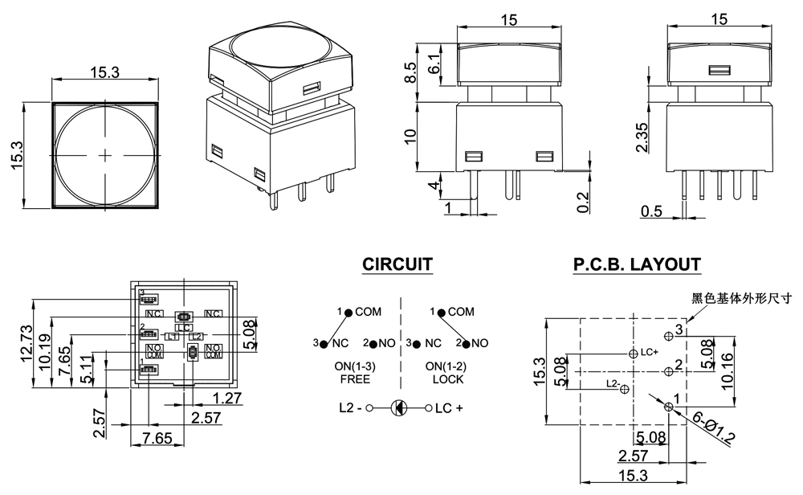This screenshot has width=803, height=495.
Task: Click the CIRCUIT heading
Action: pyautogui.click(x=397, y=264)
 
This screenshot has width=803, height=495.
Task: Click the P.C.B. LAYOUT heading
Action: pyautogui.click(x=637, y=264)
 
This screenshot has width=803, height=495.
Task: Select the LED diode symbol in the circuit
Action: pyautogui.click(x=398, y=408)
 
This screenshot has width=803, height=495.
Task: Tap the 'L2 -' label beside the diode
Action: pyautogui.click(x=349, y=408)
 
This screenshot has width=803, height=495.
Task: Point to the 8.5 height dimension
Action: pyautogui.click(x=409, y=73)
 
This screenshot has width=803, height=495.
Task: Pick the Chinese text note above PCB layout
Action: pyautogui.click(x=742, y=298)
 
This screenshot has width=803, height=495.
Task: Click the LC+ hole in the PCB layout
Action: pyautogui.click(x=627, y=354)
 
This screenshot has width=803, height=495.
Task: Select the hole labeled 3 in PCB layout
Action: pyautogui.click(x=668, y=334)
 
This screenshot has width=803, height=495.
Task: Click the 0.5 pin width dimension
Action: pyautogui.click(x=652, y=212)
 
